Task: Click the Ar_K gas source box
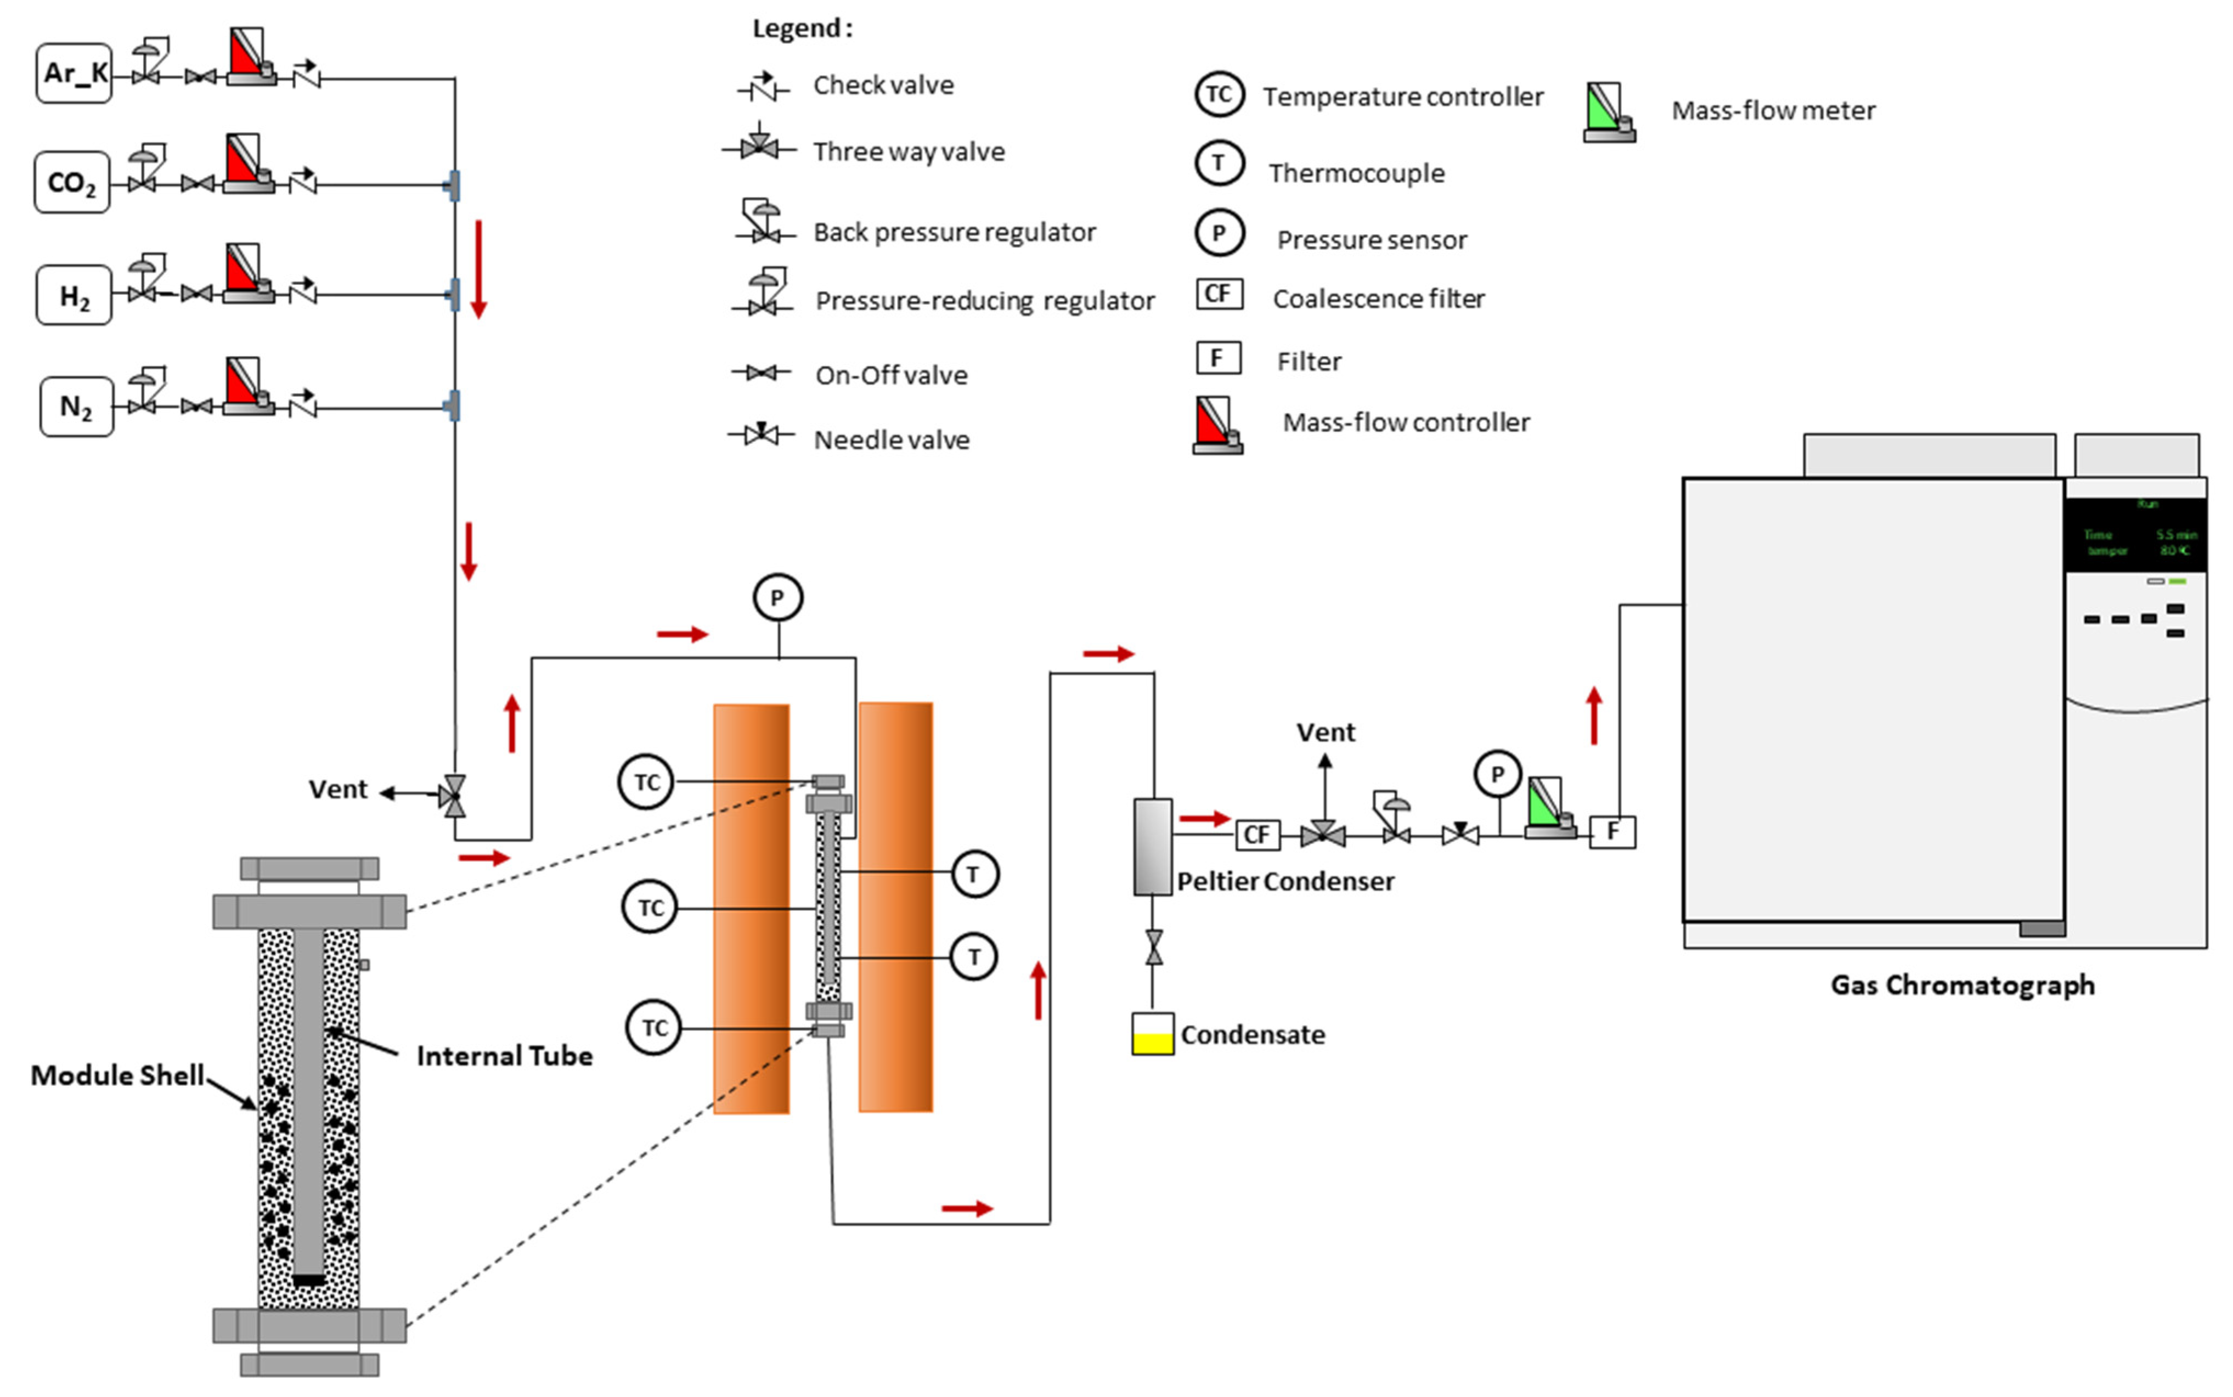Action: click(74, 73)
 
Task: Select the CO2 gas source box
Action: click(72, 183)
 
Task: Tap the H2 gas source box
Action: click(74, 296)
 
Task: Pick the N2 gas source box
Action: click(77, 407)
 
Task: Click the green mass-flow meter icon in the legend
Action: click(1609, 112)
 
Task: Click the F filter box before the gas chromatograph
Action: click(1611, 831)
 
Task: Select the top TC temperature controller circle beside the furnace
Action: click(646, 782)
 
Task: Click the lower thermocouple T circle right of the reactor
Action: click(974, 957)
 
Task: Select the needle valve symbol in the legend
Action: click(762, 433)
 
